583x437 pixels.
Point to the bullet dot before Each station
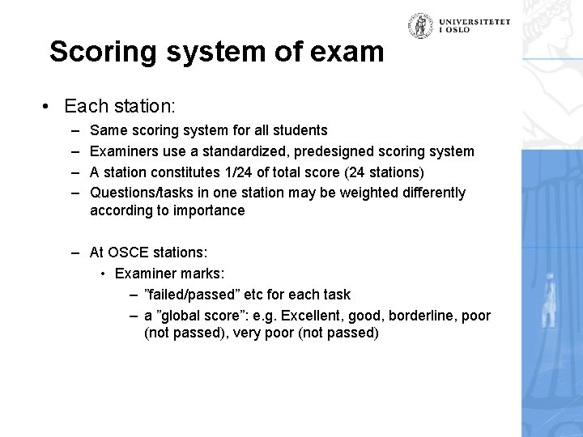tap(50, 106)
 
